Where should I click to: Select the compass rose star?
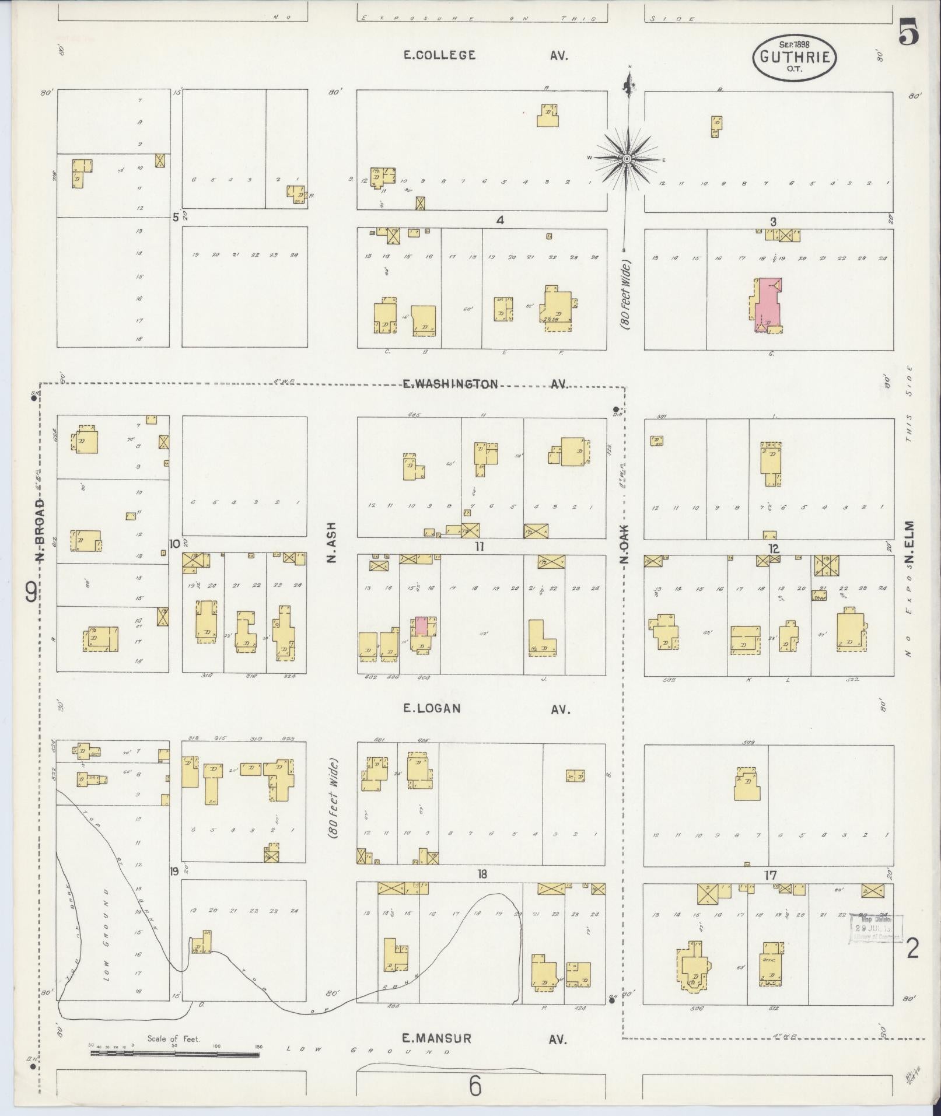point(627,159)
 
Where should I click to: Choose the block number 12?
point(774,548)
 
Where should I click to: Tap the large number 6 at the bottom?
point(475,1086)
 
